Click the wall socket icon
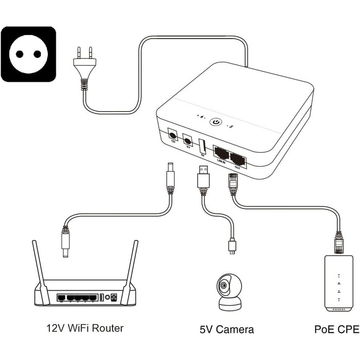click(x=28, y=54)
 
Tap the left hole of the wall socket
click(x=20, y=54)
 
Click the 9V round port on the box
click(x=188, y=140)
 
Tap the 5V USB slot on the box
click(x=203, y=146)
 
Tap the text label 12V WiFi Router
click(x=85, y=328)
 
